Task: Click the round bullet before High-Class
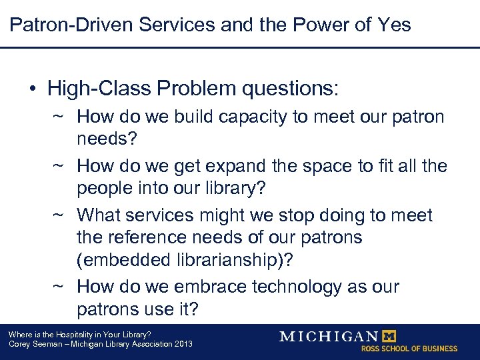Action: point(32,89)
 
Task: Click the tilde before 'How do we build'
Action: point(59,117)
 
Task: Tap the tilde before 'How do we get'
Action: point(59,165)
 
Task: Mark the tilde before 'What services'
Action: point(59,216)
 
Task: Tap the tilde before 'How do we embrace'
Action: point(59,288)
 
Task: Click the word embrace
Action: point(201,287)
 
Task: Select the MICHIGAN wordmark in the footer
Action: point(329,336)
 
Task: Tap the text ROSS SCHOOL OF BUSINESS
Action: point(409,349)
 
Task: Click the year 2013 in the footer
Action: point(182,344)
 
